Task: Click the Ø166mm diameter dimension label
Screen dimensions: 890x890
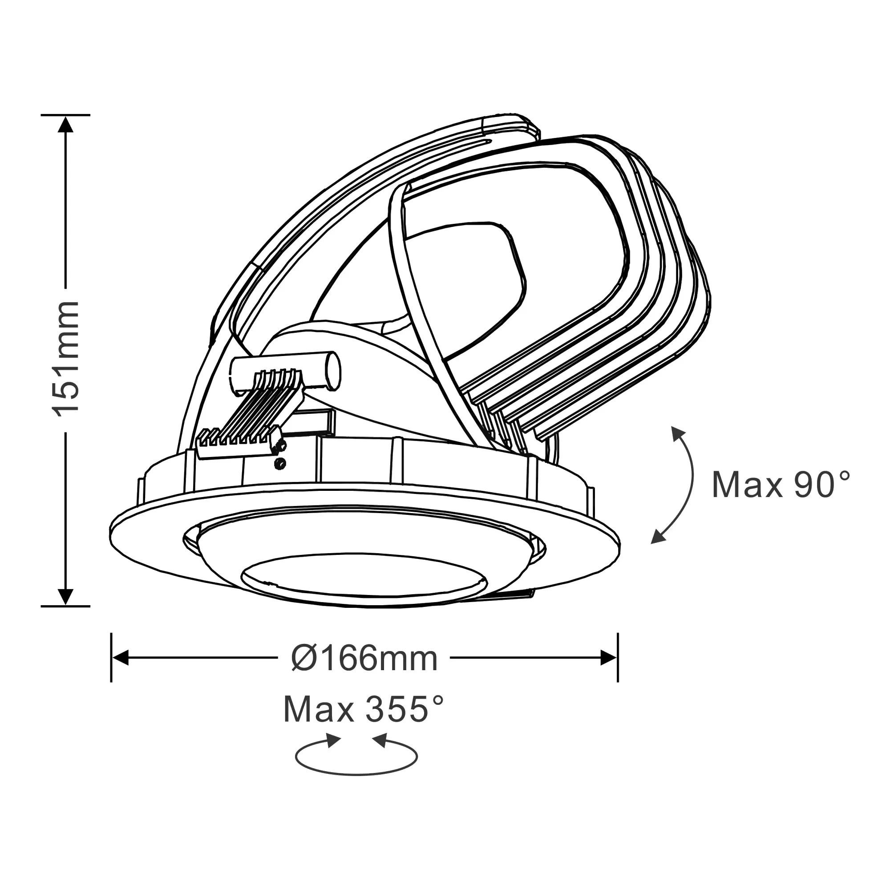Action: click(364, 658)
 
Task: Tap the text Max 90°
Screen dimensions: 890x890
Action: click(781, 485)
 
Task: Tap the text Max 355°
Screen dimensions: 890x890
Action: click(364, 709)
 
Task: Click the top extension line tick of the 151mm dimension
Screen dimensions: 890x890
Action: click(65, 115)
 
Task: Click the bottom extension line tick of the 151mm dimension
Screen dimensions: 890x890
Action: click(65, 606)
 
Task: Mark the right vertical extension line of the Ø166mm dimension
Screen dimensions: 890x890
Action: click(618, 658)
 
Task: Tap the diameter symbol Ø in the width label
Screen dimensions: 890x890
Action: click(303, 659)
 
